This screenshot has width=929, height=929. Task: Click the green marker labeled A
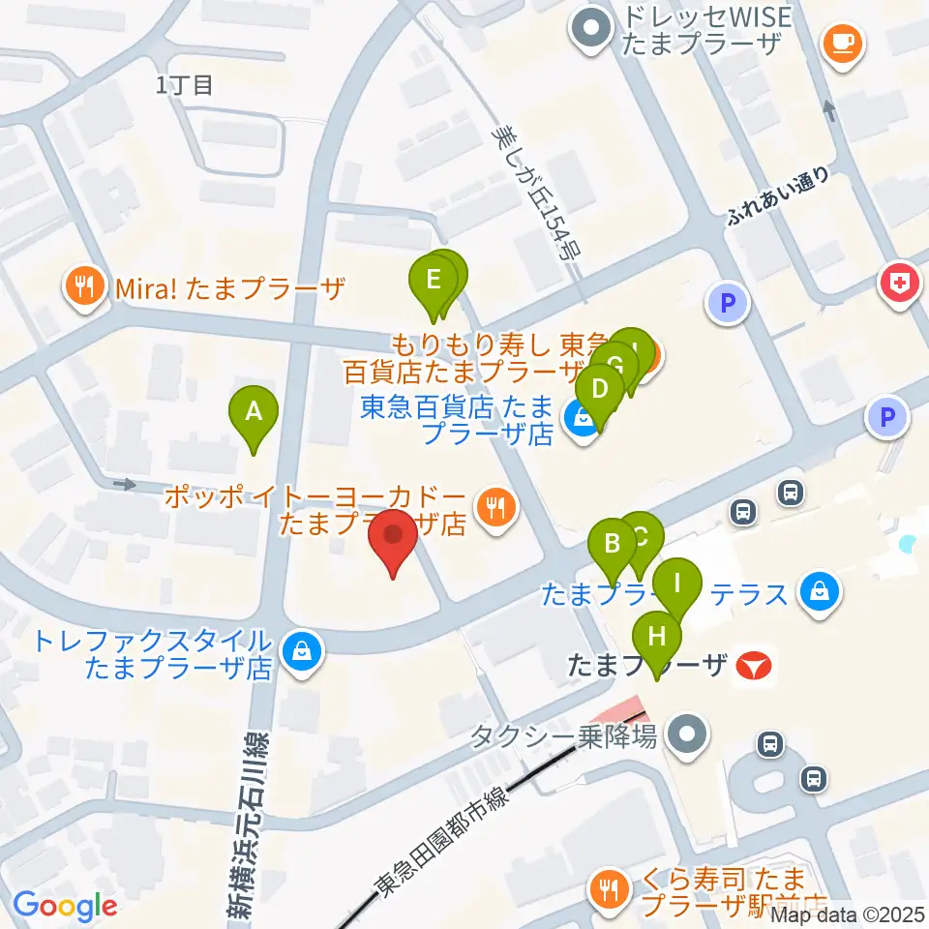254,411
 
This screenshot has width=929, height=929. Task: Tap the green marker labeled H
657,638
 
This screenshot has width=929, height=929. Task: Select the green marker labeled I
677,584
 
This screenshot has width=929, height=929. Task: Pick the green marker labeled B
612,543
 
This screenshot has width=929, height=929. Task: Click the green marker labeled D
600,390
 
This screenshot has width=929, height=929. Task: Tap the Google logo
65,906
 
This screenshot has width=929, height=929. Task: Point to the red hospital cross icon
898,283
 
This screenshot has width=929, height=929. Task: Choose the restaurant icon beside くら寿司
608,887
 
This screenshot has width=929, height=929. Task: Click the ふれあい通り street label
779,197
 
